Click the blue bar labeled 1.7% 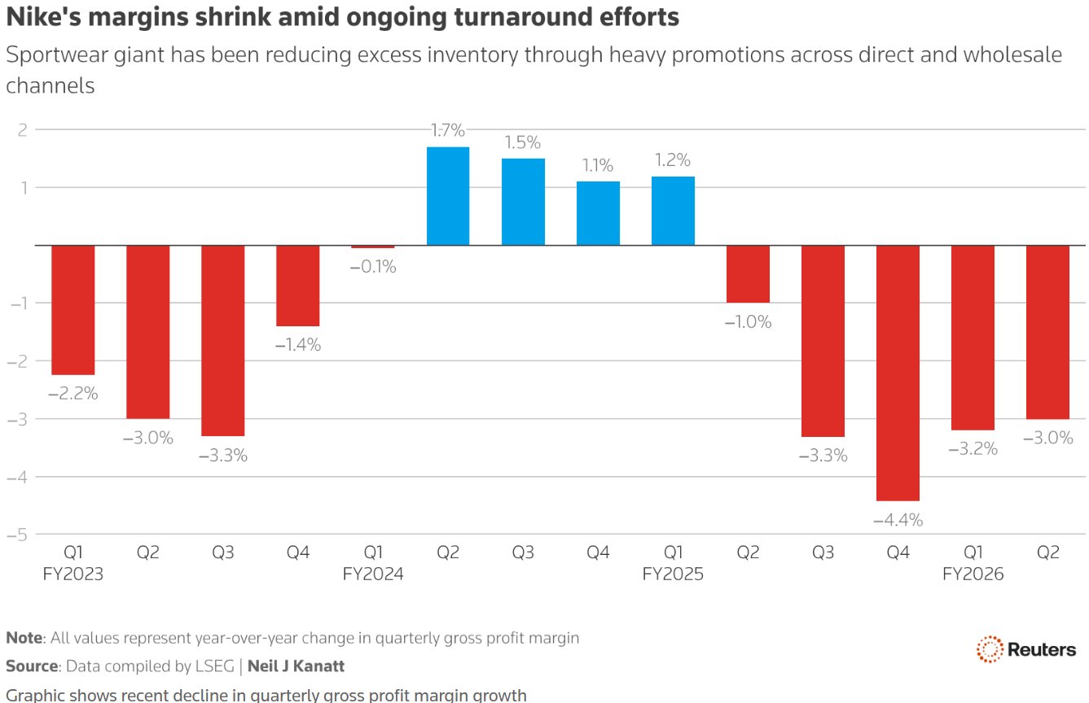tap(448, 196)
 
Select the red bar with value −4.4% tap(898, 373)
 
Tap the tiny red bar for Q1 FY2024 tap(373, 247)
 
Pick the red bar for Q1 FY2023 tap(73, 310)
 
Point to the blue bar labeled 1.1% tap(598, 213)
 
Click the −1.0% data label tap(748, 322)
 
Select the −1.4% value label tap(298, 345)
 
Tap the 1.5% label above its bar tap(523, 142)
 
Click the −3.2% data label tap(973, 448)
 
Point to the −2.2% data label tap(73, 394)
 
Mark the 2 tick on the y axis tap(22, 129)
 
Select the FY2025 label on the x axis tap(673, 574)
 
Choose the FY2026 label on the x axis tap(973, 574)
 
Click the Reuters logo tap(1026, 649)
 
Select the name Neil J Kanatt tap(296, 666)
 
